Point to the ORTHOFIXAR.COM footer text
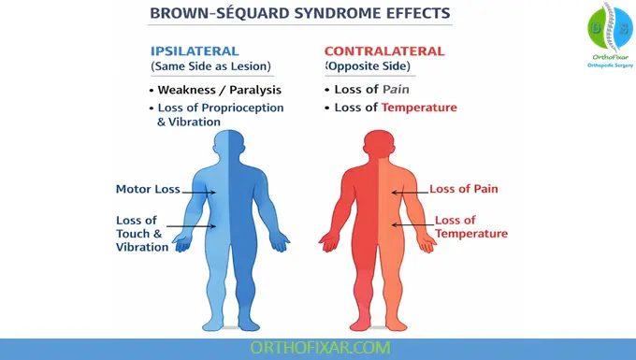pyautogui.click(x=318, y=348)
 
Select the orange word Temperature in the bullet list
pyautogui.click(x=419, y=108)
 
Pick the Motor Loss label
pyautogui.click(x=148, y=189)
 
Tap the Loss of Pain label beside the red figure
pyautogui.click(x=463, y=189)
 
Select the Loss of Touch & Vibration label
pyautogui.click(x=142, y=234)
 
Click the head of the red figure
pyautogui.click(x=378, y=147)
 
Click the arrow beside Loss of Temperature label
pyautogui.click(x=411, y=224)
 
